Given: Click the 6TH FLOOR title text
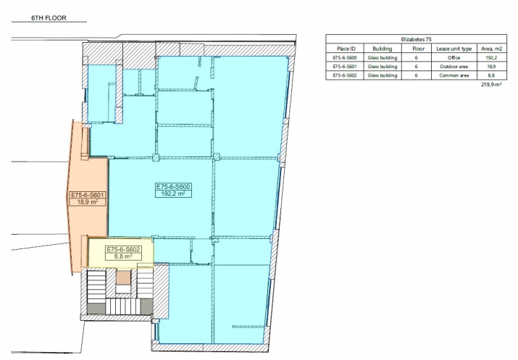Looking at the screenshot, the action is pyautogui.click(x=49, y=18).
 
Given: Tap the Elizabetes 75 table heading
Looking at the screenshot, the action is pyautogui.click(x=416, y=39).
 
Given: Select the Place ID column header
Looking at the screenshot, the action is pyautogui.click(x=346, y=49).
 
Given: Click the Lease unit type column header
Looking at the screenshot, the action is pyautogui.click(x=454, y=49).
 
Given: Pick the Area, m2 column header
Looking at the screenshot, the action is pyautogui.click(x=491, y=49).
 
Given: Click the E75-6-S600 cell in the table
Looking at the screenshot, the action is pyautogui.click(x=345, y=57).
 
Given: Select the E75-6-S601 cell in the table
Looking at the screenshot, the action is pyautogui.click(x=345, y=67).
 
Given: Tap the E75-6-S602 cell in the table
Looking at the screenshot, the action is pyautogui.click(x=345, y=75).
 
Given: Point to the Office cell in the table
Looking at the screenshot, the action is pyautogui.click(x=454, y=57).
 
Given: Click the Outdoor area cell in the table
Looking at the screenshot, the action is pyautogui.click(x=454, y=67).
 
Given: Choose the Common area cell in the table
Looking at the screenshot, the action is pyautogui.click(x=454, y=75).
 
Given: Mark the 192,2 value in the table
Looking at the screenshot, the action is pyautogui.click(x=491, y=57).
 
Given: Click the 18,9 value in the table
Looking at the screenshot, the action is pyautogui.click(x=491, y=67).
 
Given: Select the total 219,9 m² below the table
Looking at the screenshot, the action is pyautogui.click(x=492, y=85).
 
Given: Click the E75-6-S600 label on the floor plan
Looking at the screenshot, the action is pyautogui.click(x=173, y=187).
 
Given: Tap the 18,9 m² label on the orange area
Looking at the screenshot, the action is pyautogui.click(x=87, y=202).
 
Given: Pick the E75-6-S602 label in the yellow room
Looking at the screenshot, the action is pyautogui.click(x=124, y=249).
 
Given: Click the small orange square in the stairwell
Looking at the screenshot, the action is pyautogui.click(x=123, y=277).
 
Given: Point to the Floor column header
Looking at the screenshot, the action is pyautogui.click(x=418, y=49).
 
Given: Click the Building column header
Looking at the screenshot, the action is pyautogui.click(x=383, y=49).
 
